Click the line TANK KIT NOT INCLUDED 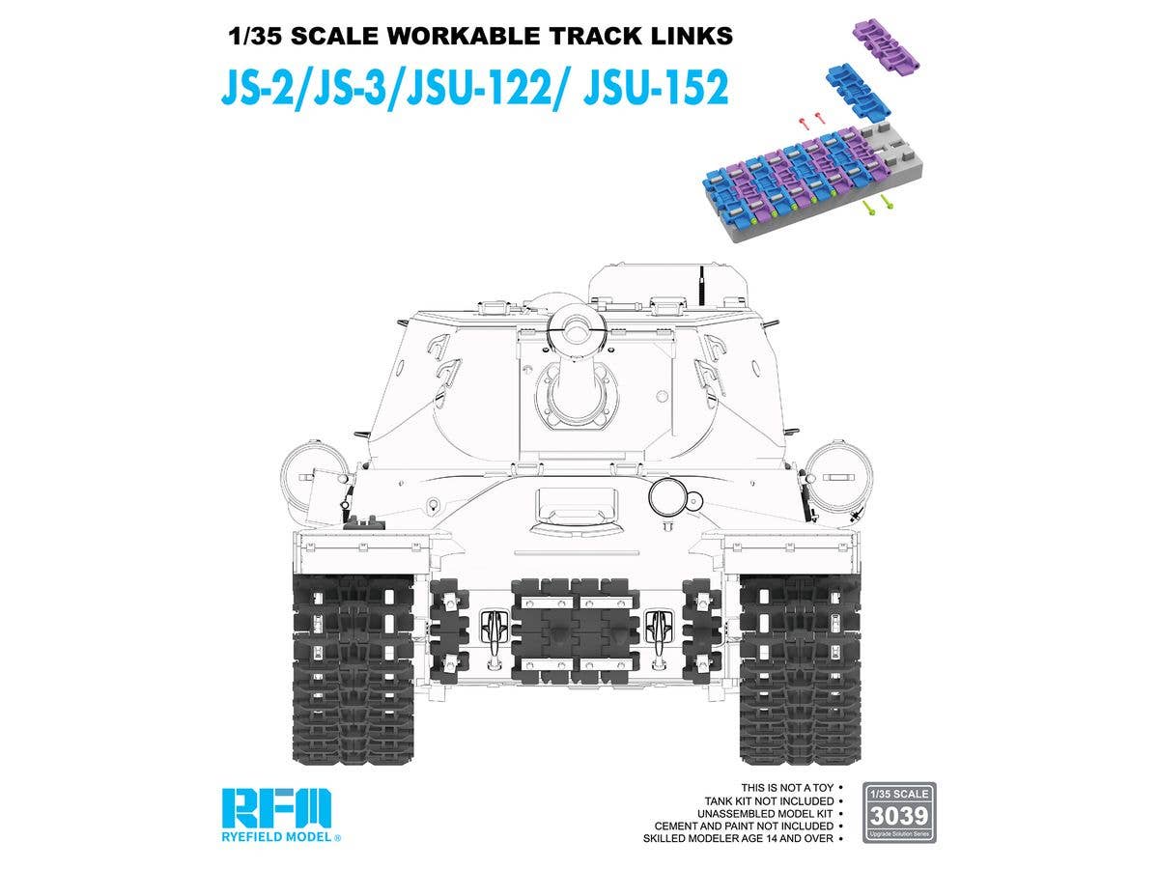[770, 801]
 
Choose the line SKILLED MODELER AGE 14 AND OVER [738, 838]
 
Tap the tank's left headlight [307, 479]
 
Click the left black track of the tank [353, 666]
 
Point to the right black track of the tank [795, 666]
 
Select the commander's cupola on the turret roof [668, 283]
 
